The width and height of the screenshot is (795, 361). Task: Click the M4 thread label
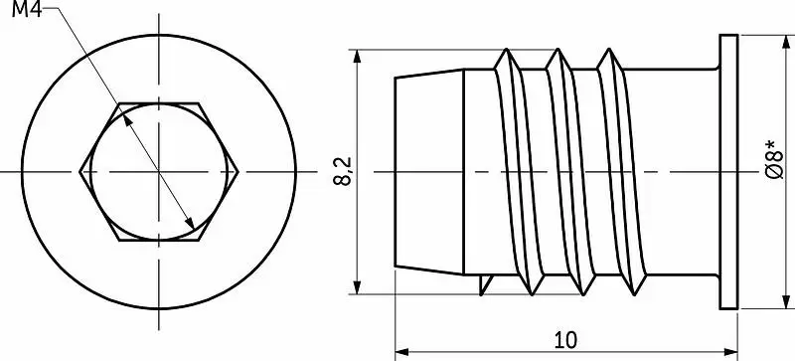click(28, 9)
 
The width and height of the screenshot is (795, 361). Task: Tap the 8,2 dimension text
click(343, 171)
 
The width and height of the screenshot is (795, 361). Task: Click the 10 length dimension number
click(565, 340)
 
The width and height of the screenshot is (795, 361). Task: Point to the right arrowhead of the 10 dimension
click(730, 351)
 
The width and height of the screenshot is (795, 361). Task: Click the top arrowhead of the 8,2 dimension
click(358, 57)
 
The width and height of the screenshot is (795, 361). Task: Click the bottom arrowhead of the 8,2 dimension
click(358, 286)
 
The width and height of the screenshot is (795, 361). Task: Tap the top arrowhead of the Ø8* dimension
click(786, 42)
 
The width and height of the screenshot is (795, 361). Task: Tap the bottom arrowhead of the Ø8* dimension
click(786, 301)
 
